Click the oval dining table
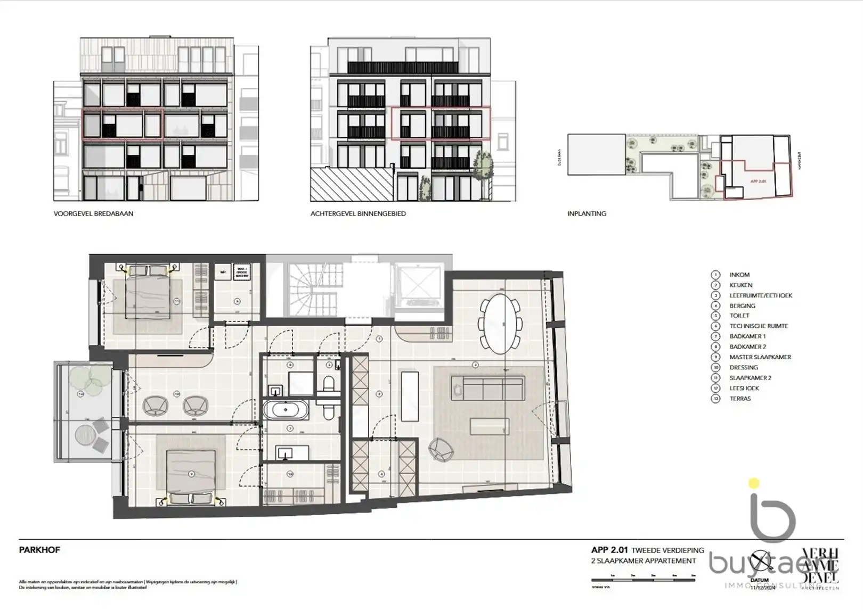[x=500, y=324]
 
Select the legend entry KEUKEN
[x=740, y=285]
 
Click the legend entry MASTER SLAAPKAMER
[x=760, y=357]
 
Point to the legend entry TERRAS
[x=740, y=399]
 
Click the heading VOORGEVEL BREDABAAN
[x=93, y=213]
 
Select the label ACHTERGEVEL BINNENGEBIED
[x=358, y=213]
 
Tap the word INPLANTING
[x=587, y=213]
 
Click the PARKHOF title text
[x=39, y=550]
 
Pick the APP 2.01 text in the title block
[x=609, y=550]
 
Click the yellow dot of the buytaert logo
[x=754, y=484]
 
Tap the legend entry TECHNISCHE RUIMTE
[x=758, y=326]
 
